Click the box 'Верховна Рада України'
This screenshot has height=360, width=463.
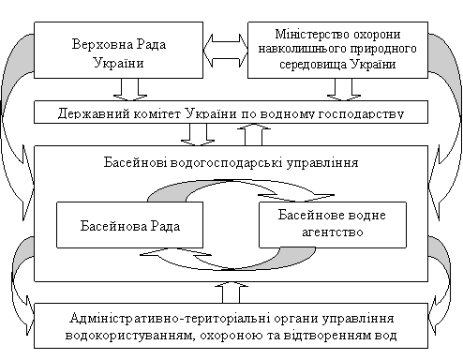(x=118, y=50)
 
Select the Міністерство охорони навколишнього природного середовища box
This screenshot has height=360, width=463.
(x=337, y=50)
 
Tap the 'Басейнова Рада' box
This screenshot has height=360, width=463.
(x=129, y=225)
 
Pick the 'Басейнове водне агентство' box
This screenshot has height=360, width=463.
(x=333, y=225)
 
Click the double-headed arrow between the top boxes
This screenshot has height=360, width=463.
(x=226, y=51)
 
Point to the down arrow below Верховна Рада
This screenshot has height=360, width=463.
(x=130, y=90)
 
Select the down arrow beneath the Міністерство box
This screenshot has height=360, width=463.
(x=344, y=90)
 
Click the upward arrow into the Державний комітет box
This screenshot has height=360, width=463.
(x=254, y=135)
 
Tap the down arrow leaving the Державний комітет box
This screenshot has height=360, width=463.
(x=198, y=135)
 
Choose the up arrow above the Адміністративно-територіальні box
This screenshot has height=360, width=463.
(x=231, y=292)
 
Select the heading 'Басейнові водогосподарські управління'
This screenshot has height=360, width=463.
(x=231, y=163)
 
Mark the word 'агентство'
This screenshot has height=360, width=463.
(x=333, y=232)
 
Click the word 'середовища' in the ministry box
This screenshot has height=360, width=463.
(x=313, y=65)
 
